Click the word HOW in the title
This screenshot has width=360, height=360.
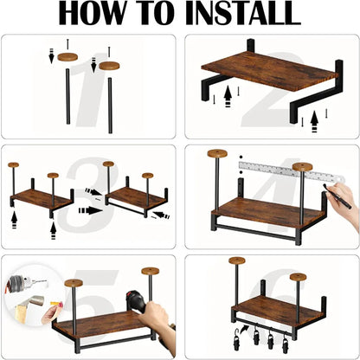tap(93, 13)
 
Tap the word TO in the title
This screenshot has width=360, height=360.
tap(156, 13)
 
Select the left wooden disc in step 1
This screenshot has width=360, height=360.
tap(68, 57)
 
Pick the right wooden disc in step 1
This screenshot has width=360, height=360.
tap(109, 66)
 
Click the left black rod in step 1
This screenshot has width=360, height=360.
tap(68, 96)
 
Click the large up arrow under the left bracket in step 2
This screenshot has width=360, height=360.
tap(228, 96)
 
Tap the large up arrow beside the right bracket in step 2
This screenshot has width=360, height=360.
tap(314, 121)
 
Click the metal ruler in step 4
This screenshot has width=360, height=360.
tap(292, 171)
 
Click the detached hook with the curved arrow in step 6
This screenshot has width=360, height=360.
tap(237, 337)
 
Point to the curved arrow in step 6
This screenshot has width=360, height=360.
tap(245, 329)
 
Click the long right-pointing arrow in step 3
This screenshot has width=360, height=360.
tap(91, 210)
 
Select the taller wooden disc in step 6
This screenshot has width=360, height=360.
tap(237, 260)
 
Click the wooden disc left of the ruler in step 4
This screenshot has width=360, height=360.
tap(217, 153)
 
